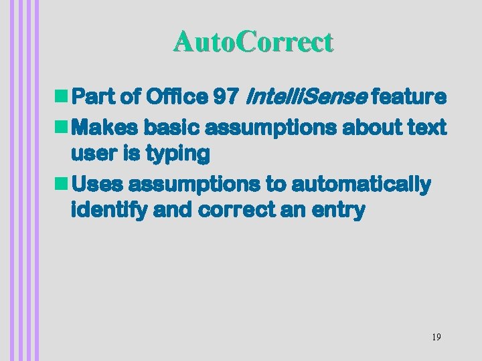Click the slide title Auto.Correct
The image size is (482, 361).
[252, 42]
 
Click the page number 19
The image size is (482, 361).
[436, 337]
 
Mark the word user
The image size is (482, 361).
[93, 154]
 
